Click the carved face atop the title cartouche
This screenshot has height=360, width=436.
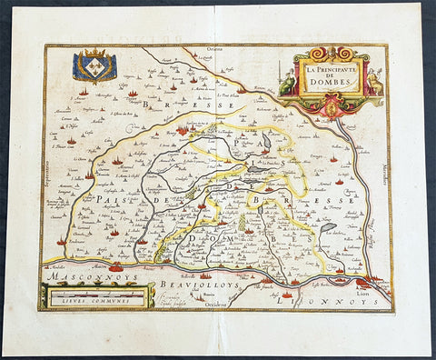pos(331,50)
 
